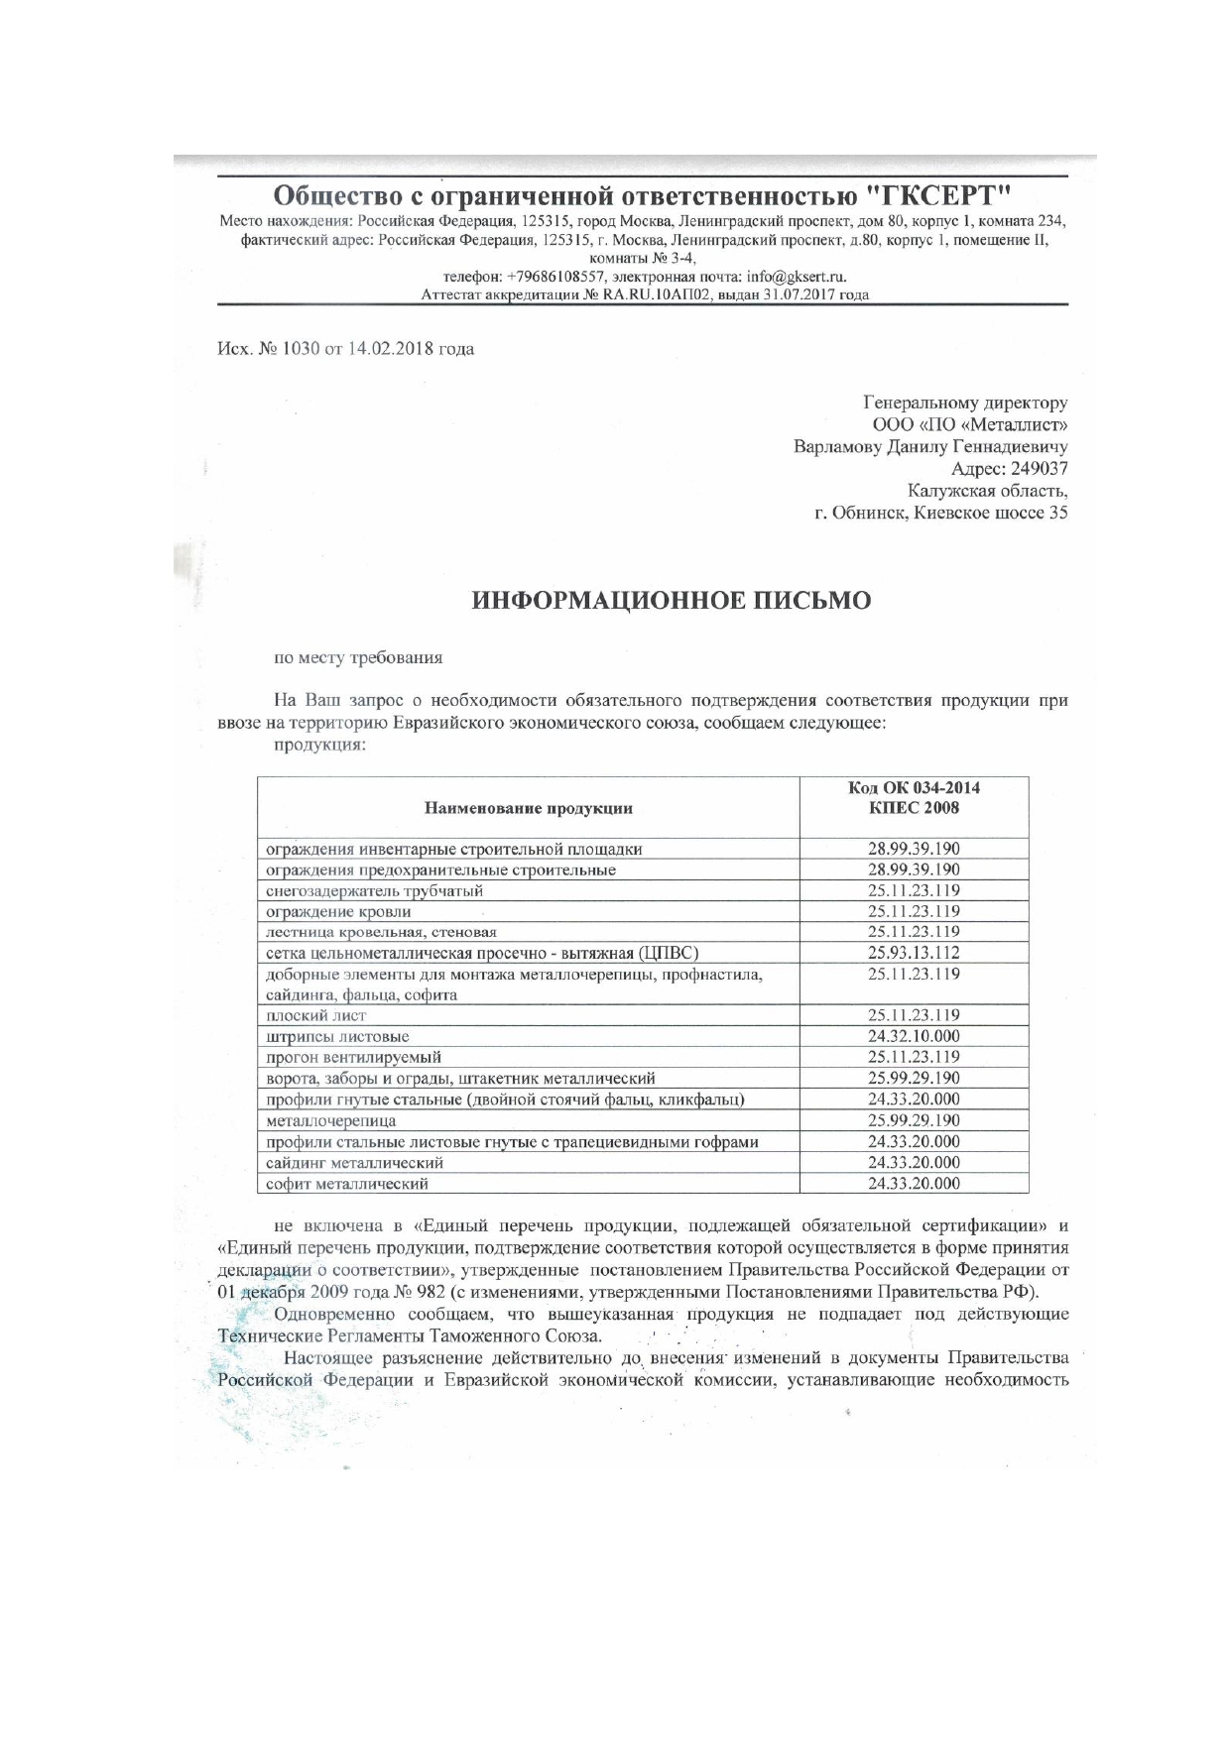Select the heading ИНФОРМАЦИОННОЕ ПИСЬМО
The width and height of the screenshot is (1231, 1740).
(x=672, y=600)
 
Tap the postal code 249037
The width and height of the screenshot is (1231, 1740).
(x=1040, y=469)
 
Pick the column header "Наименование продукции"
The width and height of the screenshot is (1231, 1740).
(x=528, y=808)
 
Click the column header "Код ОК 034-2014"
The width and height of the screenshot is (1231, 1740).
(x=914, y=788)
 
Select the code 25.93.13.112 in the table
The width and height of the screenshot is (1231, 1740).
(x=914, y=953)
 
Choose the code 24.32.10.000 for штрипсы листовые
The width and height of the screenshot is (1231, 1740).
(x=914, y=1036)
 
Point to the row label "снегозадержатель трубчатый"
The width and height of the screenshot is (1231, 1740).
(x=374, y=890)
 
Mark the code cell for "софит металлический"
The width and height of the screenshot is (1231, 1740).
(x=914, y=1184)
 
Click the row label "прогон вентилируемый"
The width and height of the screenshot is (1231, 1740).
(x=354, y=1057)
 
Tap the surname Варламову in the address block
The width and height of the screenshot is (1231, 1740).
(x=837, y=447)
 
